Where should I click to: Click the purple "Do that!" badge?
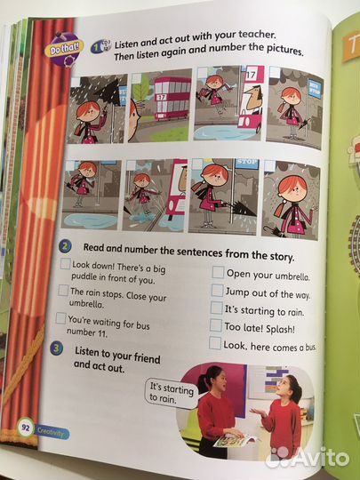pos(64,50)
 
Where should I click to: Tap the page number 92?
pos(26,428)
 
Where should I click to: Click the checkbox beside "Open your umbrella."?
pos(218,272)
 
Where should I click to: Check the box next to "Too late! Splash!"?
pos(216,325)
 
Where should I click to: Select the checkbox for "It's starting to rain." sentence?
pos(216,308)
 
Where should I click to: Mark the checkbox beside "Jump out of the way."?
pos(217,290)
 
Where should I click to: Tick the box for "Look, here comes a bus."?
pos(215,343)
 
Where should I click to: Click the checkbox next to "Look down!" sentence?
pos(65,264)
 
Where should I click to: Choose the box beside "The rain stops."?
pos(63,290)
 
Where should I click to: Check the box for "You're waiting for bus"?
pos(60,318)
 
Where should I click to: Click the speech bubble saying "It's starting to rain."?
pos(171,394)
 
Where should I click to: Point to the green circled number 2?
pos(65,246)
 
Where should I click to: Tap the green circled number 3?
pos(57,348)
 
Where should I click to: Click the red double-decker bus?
pos(172,98)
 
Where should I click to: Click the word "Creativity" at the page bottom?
pos(51,432)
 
